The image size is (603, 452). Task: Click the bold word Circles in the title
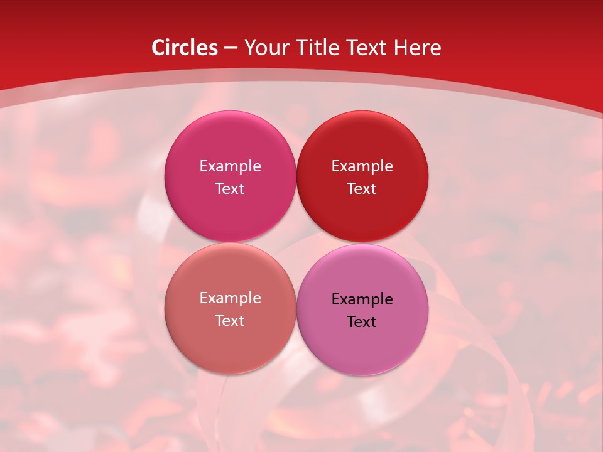185,48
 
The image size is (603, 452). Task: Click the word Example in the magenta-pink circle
230,166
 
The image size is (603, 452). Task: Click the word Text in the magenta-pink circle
230,189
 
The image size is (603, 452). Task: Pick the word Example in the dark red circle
362,166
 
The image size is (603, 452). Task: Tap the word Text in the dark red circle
362,189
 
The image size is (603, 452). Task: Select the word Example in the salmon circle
230,298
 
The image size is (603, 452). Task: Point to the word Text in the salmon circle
230,321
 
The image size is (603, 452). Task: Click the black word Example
362,299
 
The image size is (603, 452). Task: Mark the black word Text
362,322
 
